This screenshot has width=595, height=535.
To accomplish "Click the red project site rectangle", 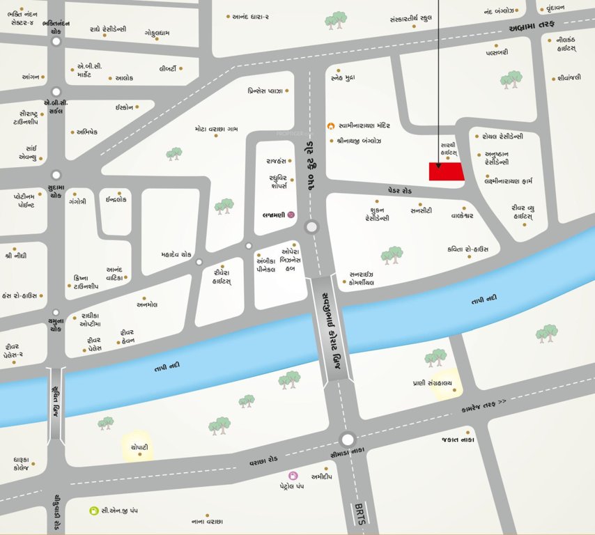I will pyautogui.click(x=446, y=172).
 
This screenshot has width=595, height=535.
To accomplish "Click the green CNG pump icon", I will pyautogui.click(x=93, y=511).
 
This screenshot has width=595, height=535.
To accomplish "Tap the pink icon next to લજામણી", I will pyautogui.click(x=291, y=216).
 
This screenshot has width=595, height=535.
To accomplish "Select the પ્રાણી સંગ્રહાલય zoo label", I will pyautogui.click(x=433, y=383).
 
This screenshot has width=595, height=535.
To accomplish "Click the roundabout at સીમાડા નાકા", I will pyautogui.click(x=347, y=439).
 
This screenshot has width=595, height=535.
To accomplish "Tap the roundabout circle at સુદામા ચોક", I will pyautogui.click(x=56, y=176).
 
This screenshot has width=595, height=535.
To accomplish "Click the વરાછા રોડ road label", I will pyautogui.click(x=264, y=462).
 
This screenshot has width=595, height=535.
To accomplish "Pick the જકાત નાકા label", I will pyautogui.click(x=457, y=440).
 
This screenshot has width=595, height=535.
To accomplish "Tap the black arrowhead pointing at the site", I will pyautogui.click(x=438, y=165).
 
